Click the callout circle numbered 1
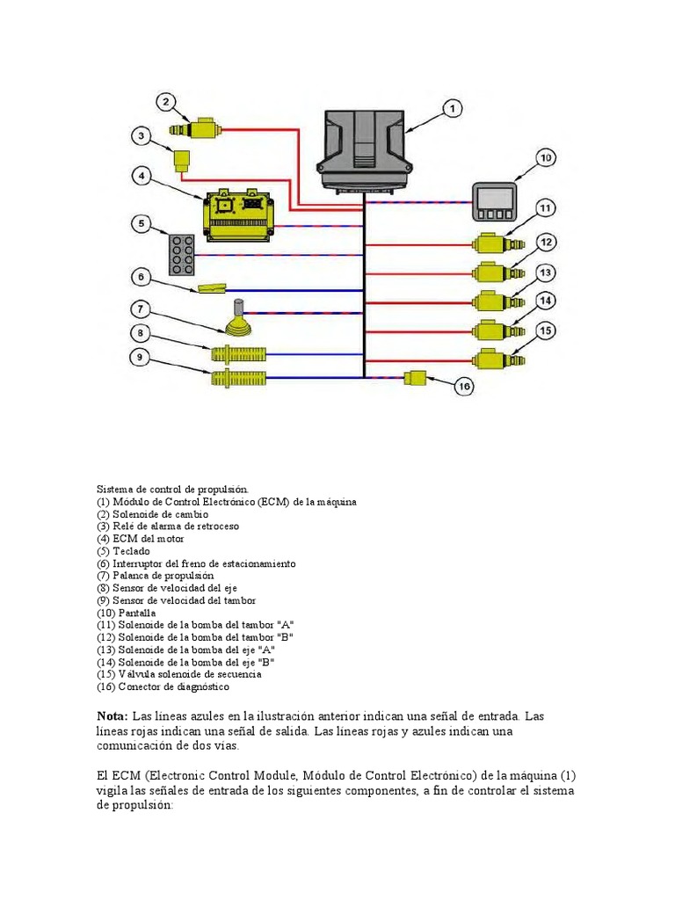[x=451, y=109]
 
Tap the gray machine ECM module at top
[x=365, y=147]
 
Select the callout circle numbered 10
[x=546, y=158]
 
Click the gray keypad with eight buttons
[x=184, y=253]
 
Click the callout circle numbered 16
[x=464, y=385]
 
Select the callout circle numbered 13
[x=546, y=272]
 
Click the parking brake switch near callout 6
[x=213, y=287]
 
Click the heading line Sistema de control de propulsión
[x=173, y=489]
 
